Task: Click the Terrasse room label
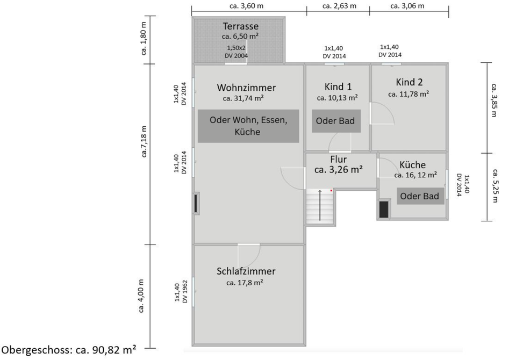241,26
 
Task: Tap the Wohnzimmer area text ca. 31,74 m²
243,98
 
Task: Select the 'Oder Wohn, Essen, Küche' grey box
248,126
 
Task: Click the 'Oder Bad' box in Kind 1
335,121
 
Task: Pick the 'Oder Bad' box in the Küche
420,196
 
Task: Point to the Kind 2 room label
409,82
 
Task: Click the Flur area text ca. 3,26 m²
338,170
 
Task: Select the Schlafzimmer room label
246,271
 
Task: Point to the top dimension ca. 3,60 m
246,6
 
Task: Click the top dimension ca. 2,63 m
339,6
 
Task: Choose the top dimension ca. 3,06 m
407,6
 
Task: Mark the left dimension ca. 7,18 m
144,142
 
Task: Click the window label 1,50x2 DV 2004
237,52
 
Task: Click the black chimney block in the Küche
384,209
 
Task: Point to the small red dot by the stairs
331,190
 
